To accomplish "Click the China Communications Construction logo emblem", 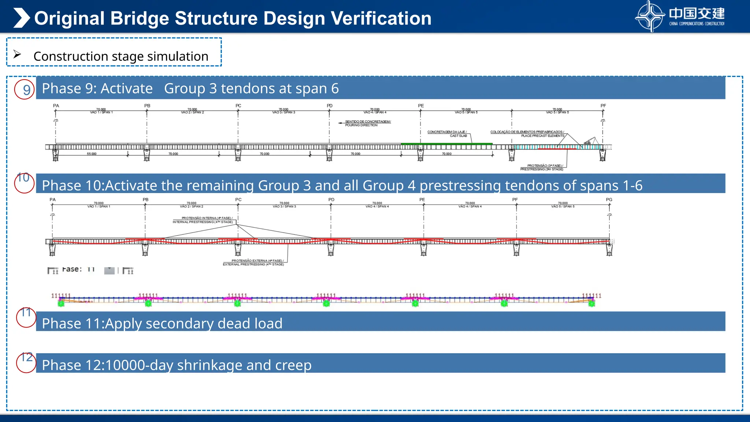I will pyautogui.click(x=650, y=16).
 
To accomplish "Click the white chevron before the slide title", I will pyautogui.click(x=21, y=18).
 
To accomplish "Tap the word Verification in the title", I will pyautogui.click(x=381, y=18).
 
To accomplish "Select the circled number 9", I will pyautogui.click(x=25, y=90).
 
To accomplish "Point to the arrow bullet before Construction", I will pyautogui.click(x=17, y=54).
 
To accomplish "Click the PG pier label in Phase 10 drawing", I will pyautogui.click(x=609, y=200).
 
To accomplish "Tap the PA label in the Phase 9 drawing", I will pyautogui.click(x=56, y=105).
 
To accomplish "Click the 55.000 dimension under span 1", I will pyautogui.click(x=92, y=154).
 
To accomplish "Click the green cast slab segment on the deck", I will pyautogui.click(x=447, y=144).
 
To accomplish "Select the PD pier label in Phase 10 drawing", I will pyautogui.click(x=331, y=200).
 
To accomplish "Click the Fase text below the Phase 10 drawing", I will pyautogui.click(x=72, y=269).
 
